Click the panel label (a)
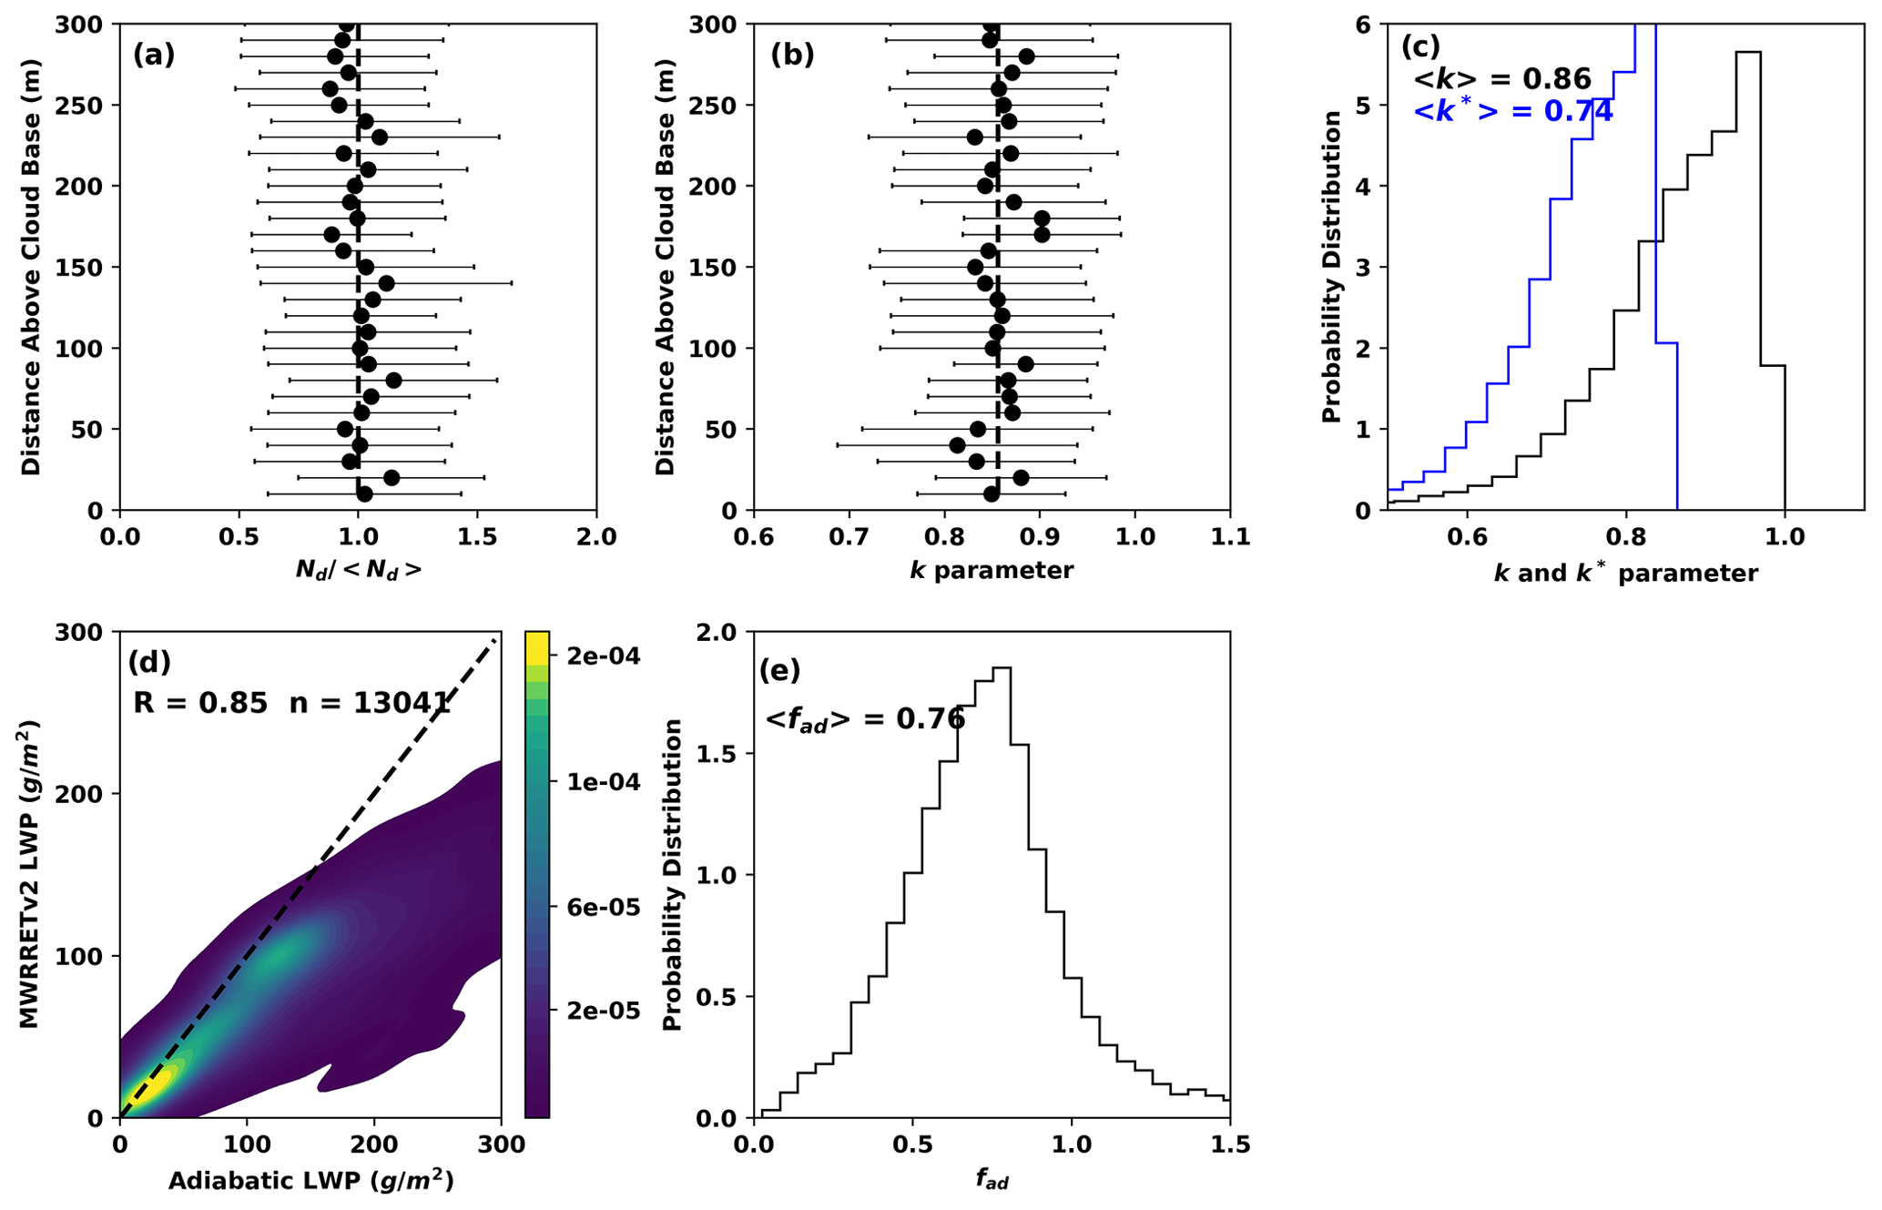(153, 56)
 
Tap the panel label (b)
(792, 56)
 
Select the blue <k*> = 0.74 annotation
(1512, 112)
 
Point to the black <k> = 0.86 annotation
(1501, 79)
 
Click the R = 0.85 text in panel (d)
(200, 702)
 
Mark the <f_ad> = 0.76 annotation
(864, 719)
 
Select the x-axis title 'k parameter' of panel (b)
(992, 571)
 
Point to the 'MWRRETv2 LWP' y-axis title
(30, 874)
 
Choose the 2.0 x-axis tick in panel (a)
(596, 537)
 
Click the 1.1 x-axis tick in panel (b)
(1230, 537)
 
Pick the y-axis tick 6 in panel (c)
(1363, 25)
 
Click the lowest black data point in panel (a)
(364, 494)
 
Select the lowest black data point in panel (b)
(992, 494)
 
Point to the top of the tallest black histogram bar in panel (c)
(1748, 52)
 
